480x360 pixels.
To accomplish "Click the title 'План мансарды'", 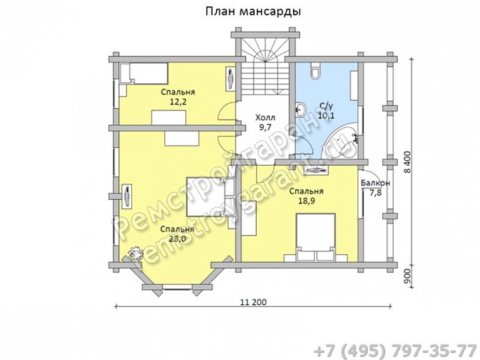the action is tap(253, 11).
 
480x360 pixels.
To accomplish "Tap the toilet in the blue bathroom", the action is tap(315, 70).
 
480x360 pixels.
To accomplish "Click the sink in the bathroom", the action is tap(301, 110).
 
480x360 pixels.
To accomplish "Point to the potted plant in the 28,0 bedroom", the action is tap(136, 253).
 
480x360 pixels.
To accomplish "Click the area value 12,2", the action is tap(177, 102).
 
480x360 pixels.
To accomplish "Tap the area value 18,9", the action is tap(307, 201).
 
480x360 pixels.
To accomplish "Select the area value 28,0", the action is tap(177, 238).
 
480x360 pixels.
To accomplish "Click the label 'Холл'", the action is tap(265, 118).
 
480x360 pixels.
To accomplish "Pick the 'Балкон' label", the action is tap(376, 183).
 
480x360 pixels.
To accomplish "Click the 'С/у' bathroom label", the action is tap(326, 106).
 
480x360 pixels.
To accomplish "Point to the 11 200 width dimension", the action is tap(253, 302).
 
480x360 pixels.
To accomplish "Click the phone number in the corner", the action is tap(395, 350).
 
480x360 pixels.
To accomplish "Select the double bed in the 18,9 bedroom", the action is tap(315, 237).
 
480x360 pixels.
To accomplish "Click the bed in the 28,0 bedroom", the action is tap(211, 197).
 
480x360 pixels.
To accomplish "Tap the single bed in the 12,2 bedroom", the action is tap(144, 73).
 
